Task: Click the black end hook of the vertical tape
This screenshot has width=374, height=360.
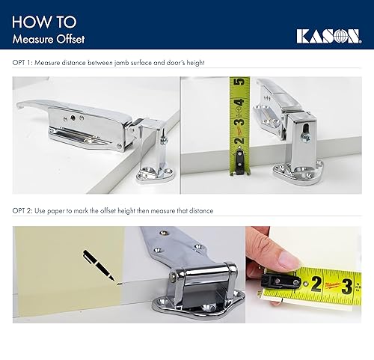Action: point(239,159)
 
